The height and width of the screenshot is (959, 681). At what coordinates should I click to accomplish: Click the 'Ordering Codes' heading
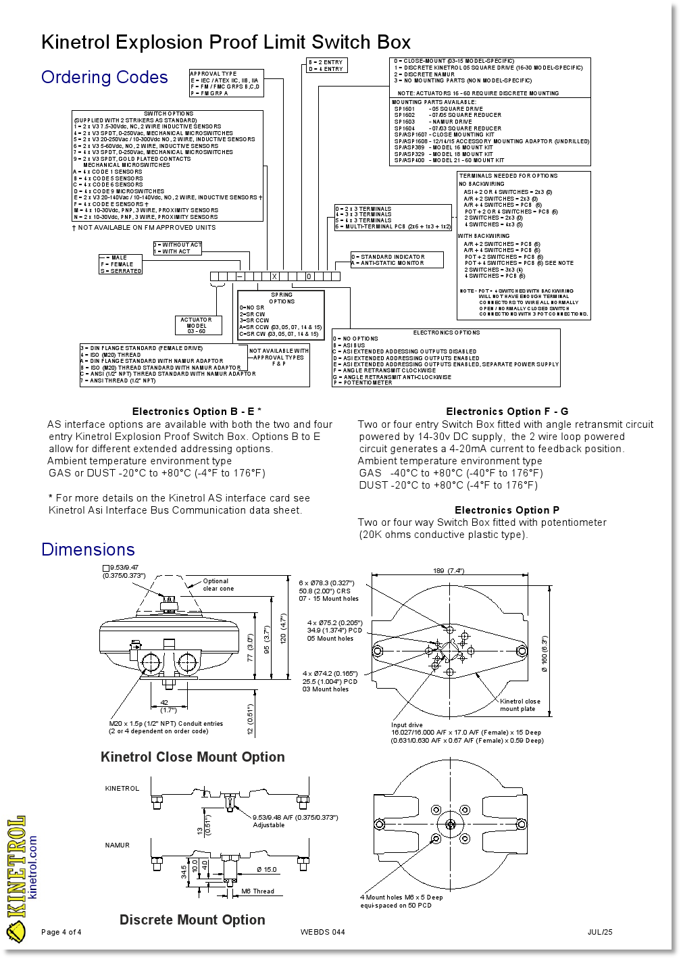[104, 77]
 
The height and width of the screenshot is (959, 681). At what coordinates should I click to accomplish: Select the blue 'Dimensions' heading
[88, 549]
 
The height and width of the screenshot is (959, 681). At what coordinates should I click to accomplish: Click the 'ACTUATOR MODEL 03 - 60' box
[196, 325]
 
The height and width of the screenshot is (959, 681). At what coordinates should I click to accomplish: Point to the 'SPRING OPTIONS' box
[281, 314]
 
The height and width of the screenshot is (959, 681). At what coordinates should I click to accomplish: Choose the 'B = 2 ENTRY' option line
[326, 62]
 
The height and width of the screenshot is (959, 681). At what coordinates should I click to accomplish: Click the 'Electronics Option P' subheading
[507, 510]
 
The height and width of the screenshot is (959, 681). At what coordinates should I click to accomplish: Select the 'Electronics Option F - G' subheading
[507, 412]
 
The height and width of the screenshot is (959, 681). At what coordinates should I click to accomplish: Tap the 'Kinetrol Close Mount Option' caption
[193, 757]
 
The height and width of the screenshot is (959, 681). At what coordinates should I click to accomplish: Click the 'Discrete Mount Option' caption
[192, 920]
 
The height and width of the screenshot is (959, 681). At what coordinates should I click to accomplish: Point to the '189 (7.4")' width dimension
[449, 571]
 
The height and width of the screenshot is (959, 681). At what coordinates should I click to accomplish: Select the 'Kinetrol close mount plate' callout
[520, 705]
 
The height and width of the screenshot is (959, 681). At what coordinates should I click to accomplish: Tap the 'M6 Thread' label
[257, 891]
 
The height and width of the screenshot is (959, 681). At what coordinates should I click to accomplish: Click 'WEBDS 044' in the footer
[322, 933]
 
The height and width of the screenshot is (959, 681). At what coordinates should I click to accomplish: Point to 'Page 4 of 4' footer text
[61, 933]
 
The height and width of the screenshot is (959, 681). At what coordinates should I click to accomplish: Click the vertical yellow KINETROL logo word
[16, 868]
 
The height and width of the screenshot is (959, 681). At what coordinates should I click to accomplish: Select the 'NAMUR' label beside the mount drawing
[118, 845]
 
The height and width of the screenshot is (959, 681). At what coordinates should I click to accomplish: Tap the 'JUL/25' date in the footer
[600, 933]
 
